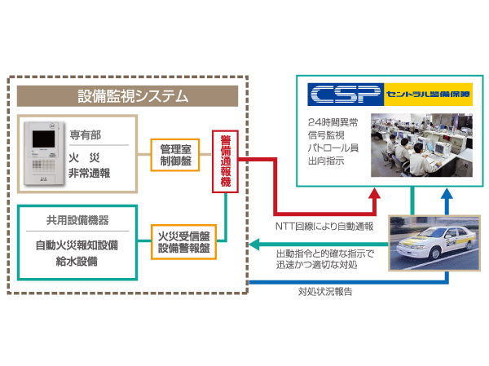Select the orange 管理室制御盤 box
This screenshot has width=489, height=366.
coord(176,155)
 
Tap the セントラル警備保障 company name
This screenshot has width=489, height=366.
coord(428,95)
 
